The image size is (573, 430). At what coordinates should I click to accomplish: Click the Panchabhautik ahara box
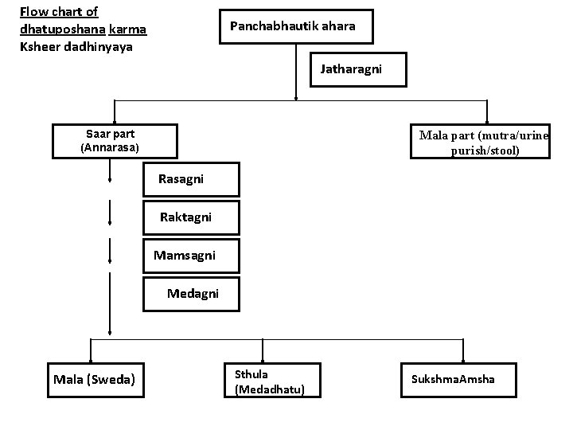tap(292, 26)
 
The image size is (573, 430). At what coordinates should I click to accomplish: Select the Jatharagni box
tap(351, 69)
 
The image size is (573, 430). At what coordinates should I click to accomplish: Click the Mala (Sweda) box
tap(94, 379)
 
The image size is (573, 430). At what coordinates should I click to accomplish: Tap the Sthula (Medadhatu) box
tap(271, 381)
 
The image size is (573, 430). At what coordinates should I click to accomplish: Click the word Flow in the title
tap(33, 12)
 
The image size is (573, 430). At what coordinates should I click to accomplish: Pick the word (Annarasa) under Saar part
tap(110, 148)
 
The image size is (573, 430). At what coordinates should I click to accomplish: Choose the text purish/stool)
tap(484, 150)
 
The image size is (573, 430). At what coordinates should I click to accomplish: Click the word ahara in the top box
tap(337, 26)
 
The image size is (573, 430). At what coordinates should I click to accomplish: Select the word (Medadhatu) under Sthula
tap(270, 389)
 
